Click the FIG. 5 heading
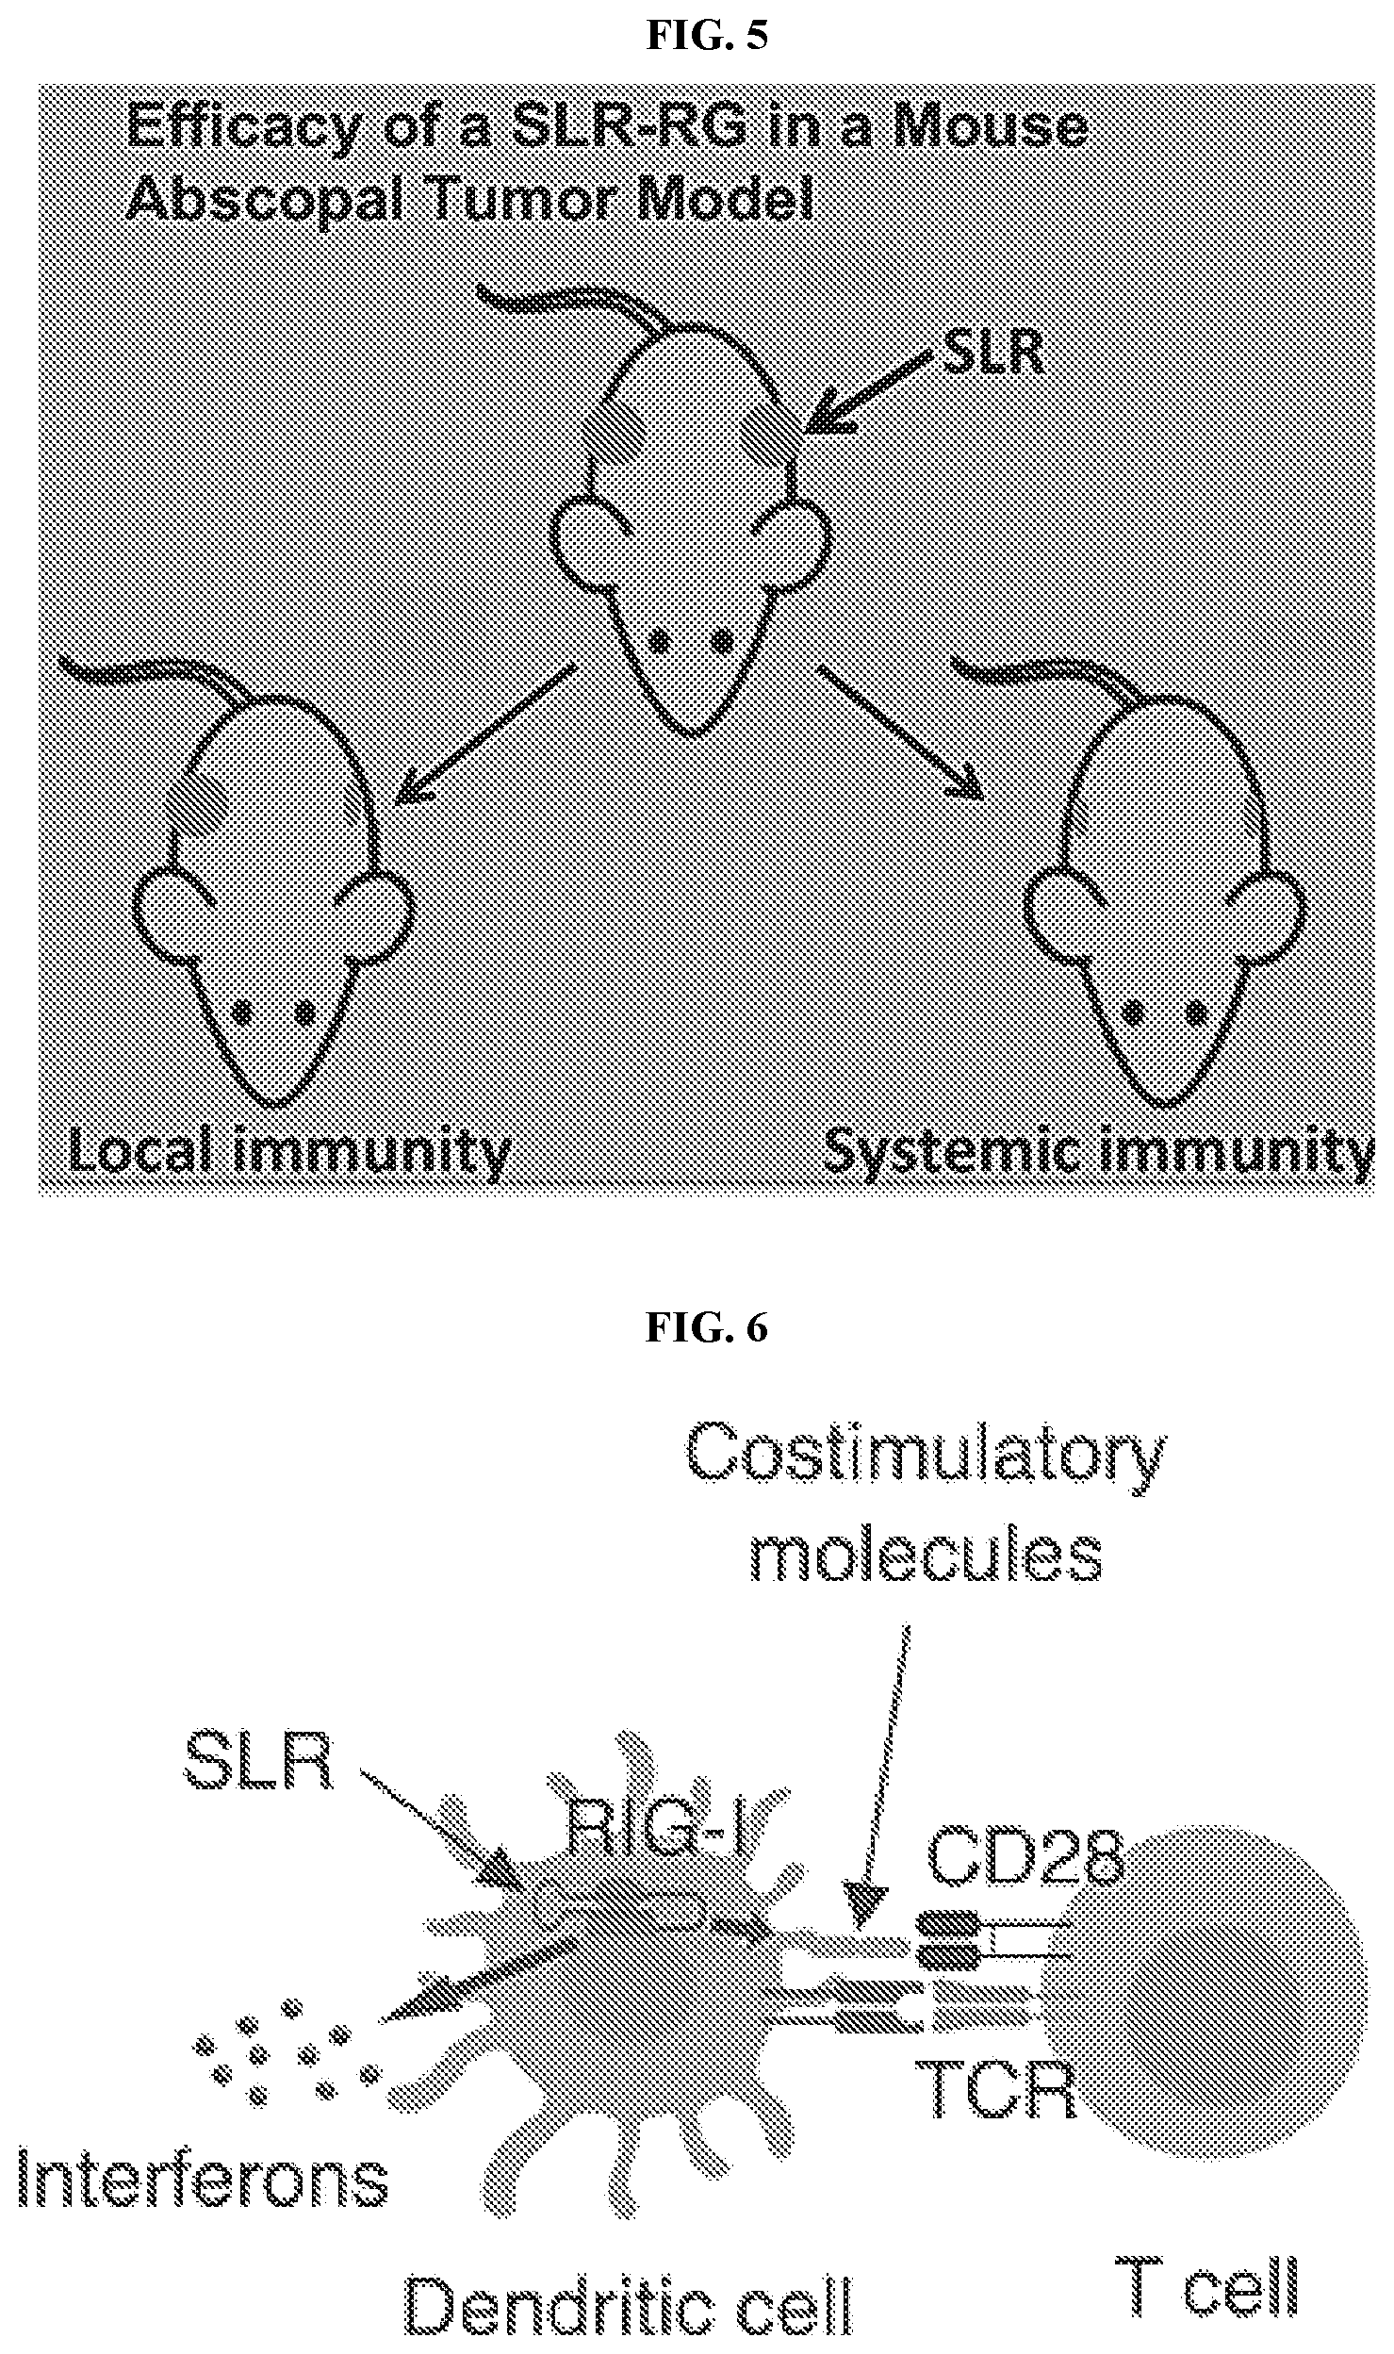click(x=706, y=36)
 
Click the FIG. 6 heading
click(x=706, y=1328)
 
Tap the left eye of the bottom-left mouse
click(x=242, y=1013)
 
